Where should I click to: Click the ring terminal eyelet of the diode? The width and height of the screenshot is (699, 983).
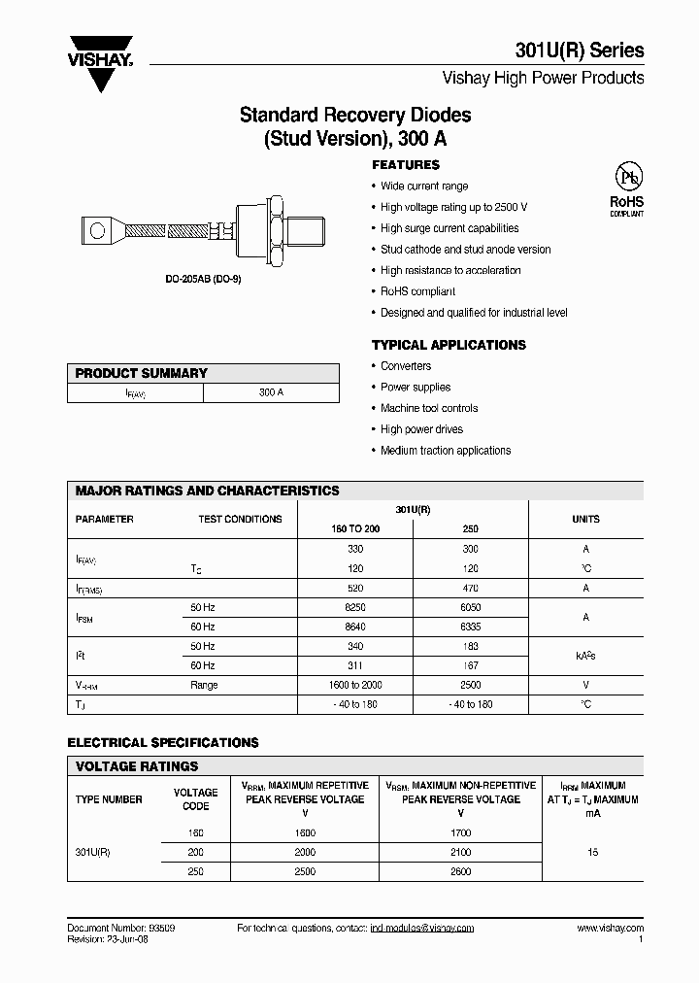[96, 231]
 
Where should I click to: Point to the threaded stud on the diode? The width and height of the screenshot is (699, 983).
[310, 231]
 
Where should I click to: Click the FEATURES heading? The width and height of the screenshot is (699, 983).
[406, 165]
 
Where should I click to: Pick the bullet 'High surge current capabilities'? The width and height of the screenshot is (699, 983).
[449, 228]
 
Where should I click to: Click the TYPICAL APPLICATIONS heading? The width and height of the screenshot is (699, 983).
[449, 345]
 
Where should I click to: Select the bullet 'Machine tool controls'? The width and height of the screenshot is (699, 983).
[429, 408]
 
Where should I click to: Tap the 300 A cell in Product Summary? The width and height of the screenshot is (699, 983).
[271, 393]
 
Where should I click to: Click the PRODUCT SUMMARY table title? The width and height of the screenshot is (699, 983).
[142, 373]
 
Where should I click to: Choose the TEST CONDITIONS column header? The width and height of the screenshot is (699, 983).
[240, 519]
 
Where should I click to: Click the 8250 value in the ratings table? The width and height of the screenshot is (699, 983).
[355, 607]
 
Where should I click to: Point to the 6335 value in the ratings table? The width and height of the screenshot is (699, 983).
[470, 627]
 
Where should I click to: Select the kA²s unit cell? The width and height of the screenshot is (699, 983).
[585, 656]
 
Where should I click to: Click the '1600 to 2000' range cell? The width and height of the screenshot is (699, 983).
[355, 685]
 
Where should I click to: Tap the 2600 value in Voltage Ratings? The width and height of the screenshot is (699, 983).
[460, 871]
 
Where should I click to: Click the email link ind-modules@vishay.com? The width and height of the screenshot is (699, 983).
[421, 929]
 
